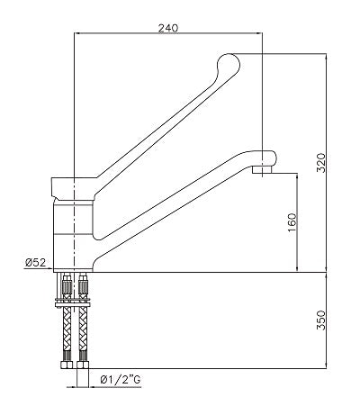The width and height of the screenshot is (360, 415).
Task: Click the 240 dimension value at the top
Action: point(167,27)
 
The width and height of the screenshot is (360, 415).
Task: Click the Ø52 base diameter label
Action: point(35,263)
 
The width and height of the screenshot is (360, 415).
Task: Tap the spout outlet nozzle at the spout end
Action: point(263,169)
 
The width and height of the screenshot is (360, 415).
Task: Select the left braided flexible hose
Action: point(68,329)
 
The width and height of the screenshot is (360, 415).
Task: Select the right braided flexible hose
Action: point(85,329)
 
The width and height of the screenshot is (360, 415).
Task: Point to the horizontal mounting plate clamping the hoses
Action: point(76,300)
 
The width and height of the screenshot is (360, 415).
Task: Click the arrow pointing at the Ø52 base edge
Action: point(57,271)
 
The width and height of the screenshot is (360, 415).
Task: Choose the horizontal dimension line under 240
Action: point(167,34)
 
